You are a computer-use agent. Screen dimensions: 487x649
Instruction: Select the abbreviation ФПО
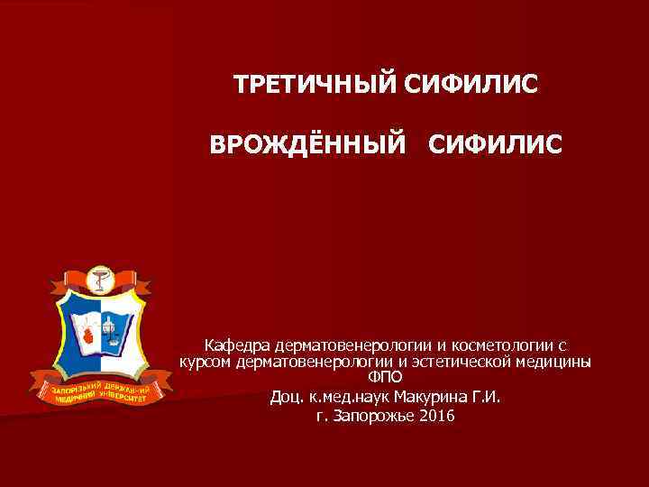point(386,378)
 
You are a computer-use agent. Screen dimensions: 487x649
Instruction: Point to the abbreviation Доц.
point(286,396)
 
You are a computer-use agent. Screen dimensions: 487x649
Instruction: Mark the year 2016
point(437,416)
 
